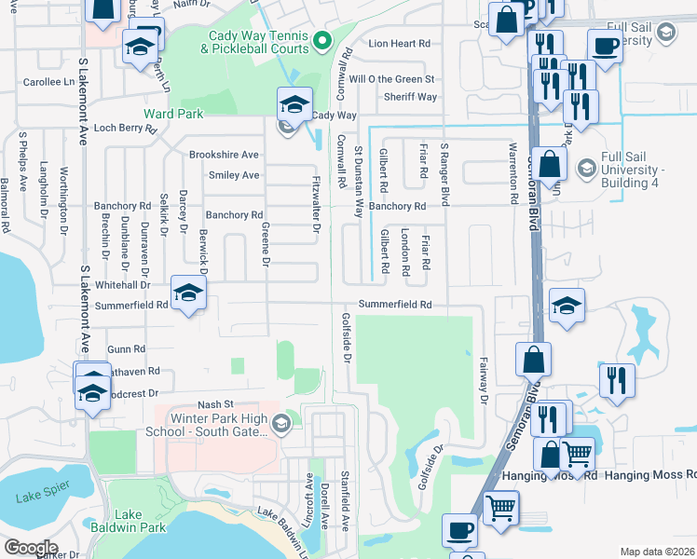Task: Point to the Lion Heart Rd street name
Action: click(x=399, y=44)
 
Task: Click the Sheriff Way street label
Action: click(x=410, y=97)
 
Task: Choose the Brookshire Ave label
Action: click(x=224, y=155)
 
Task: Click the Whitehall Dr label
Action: click(x=122, y=285)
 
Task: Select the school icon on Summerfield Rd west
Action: click(x=188, y=295)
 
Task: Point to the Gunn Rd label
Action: click(x=127, y=348)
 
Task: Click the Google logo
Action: click(x=31, y=548)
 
